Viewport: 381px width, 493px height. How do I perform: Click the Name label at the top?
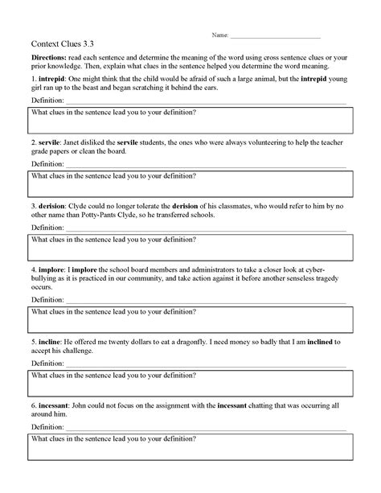pos(219,36)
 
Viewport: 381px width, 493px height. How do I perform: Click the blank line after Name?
pos(275,37)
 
